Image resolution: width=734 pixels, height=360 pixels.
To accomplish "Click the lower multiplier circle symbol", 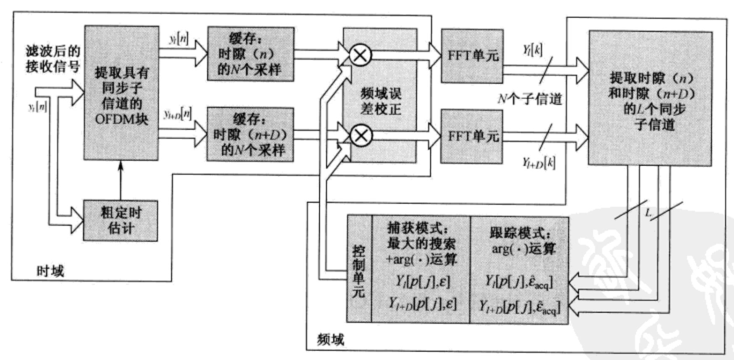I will [x=361, y=136].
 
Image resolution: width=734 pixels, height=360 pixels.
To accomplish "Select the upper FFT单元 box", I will [x=472, y=56].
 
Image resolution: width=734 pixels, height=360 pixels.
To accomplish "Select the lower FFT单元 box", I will [x=472, y=137].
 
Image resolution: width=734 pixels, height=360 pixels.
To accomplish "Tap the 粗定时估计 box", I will [x=121, y=221].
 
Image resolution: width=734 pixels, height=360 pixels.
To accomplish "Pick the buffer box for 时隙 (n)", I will [x=250, y=54].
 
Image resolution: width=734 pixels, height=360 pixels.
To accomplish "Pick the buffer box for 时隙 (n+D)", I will [x=250, y=134].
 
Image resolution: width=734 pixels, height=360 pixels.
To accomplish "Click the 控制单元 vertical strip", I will [x=359, y=269].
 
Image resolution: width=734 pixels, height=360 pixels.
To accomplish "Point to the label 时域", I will [x=50, y=271].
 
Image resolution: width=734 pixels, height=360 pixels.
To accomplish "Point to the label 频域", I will [x=331, y=339].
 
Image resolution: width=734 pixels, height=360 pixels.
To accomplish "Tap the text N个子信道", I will [x=530, y=99].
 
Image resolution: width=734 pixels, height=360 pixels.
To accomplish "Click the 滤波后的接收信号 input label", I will [x=53, y=59].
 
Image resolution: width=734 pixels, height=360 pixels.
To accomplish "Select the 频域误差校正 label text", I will [x=381, y=101].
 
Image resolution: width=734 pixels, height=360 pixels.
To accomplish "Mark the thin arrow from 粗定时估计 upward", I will [x=121, y=181].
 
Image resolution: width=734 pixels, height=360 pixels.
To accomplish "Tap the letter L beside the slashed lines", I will [x=648, y=213].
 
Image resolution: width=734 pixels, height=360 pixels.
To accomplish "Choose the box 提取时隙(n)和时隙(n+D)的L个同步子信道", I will [x=650, y=98].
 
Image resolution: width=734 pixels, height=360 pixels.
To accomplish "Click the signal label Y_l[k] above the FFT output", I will [x=532, y=50].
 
